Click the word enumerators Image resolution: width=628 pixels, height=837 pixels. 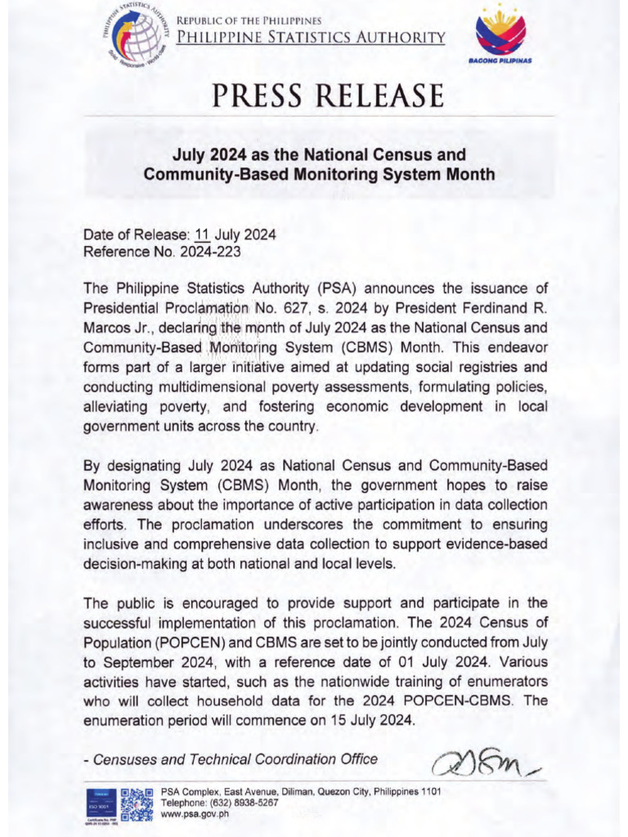point(505,682)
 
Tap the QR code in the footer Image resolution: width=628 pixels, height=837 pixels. point(137,804)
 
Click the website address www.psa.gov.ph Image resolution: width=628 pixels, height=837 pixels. point(196,816)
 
